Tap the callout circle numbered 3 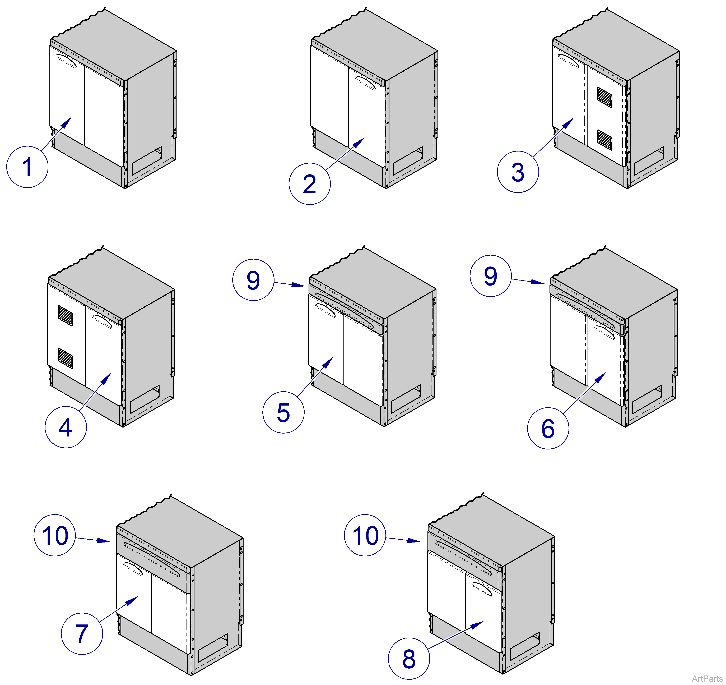click(518, 172)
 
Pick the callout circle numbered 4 click(66, 427)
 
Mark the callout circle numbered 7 click(82, 633)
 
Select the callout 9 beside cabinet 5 click(253, 280)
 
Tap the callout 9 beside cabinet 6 click(490, 276)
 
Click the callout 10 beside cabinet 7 click(55, 535)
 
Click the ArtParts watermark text click(707, 678)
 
